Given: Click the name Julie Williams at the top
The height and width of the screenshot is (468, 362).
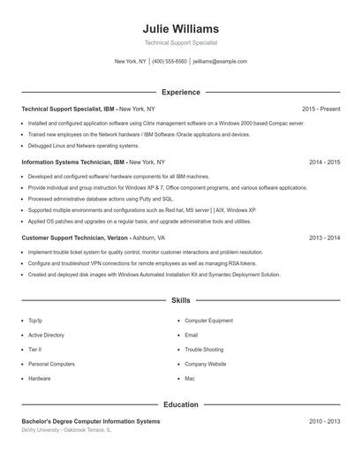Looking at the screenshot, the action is pyautogui.click(x=180, y=29).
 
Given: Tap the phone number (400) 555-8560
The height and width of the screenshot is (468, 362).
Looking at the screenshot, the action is pyautogui.click(x=170, y=62).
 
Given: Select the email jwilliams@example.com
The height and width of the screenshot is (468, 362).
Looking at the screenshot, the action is pyautogui.click(x=220, y=62).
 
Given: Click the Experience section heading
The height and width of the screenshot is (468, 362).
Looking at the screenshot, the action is pyautogui.click(x=180, y=92).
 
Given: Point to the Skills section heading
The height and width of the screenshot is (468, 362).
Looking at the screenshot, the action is pyautogui.click(x=180, y=301).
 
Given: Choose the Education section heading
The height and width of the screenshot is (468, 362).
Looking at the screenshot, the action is pyautogui.click(x=180, y=404).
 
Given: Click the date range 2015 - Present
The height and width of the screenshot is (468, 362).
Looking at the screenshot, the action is pyautogui.click(x=321, y=109).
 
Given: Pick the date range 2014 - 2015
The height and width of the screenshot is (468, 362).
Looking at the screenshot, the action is pyautogui.click(x=324, y=162).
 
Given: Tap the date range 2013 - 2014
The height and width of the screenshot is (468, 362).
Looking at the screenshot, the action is pyautogui.click(x=324, y=238).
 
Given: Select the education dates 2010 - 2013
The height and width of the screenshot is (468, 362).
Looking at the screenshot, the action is pyautogui.click(x=324, y=421).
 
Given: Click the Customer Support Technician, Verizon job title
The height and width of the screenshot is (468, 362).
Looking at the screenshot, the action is pyautogui.click(x=75, y=238).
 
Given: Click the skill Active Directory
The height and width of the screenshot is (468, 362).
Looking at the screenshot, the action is pyautogui.click(x=46, y=336).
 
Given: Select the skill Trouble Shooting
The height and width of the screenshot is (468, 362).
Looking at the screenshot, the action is pyautogui.click(x=204, y=350).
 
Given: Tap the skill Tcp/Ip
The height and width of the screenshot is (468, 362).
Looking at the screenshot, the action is pyautogui.click(x=35, y=321).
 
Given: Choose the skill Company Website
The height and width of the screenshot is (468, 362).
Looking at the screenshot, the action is pyautogui.click(x=206, y=364).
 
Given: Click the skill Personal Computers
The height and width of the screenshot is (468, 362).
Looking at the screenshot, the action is pyautogui.click(x=51, y=364).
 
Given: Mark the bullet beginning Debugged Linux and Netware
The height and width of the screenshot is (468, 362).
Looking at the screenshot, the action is pyautogui.click(x=84, y=146).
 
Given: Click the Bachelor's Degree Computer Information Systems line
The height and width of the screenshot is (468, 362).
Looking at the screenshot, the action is pyautogui.click(x=91, y=421).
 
